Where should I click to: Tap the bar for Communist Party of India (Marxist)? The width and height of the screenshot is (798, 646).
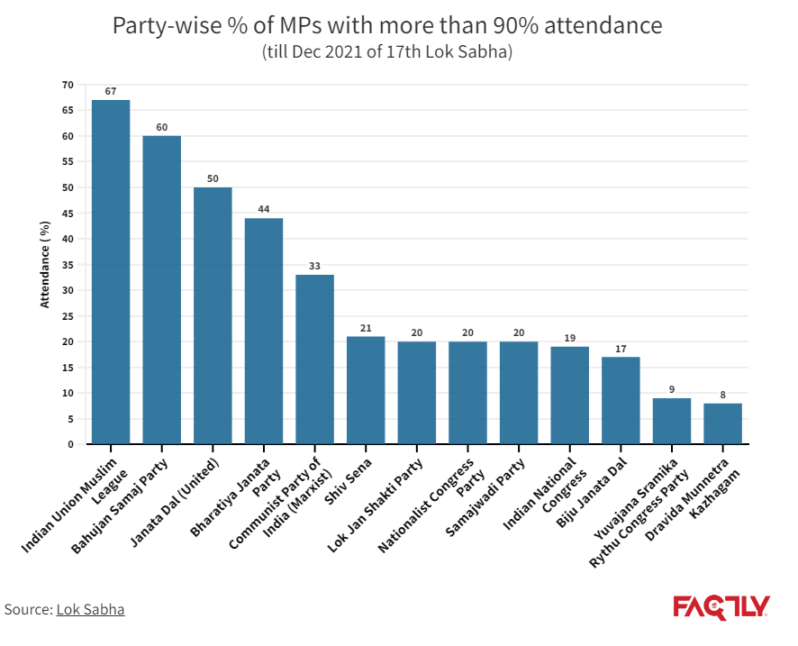[315, 359]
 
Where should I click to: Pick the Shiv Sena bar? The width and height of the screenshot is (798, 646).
[366, 390]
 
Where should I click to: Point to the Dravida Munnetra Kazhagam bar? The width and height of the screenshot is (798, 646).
[722, 423]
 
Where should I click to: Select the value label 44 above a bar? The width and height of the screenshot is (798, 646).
[264, 209]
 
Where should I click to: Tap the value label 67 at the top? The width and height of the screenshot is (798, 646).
[111, 91]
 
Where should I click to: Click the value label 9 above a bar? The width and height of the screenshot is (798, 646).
[672, 389]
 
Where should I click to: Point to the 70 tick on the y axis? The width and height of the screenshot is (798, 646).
[68, 85]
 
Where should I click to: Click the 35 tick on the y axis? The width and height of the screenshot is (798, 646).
[68, 265]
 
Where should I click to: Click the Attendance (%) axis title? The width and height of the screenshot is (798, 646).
[44, 264]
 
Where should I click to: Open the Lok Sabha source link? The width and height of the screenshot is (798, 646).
[90, 609]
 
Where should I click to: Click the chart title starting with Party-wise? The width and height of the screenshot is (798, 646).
[386, 25]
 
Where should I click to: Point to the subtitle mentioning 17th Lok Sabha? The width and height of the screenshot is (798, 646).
[386, 51]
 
